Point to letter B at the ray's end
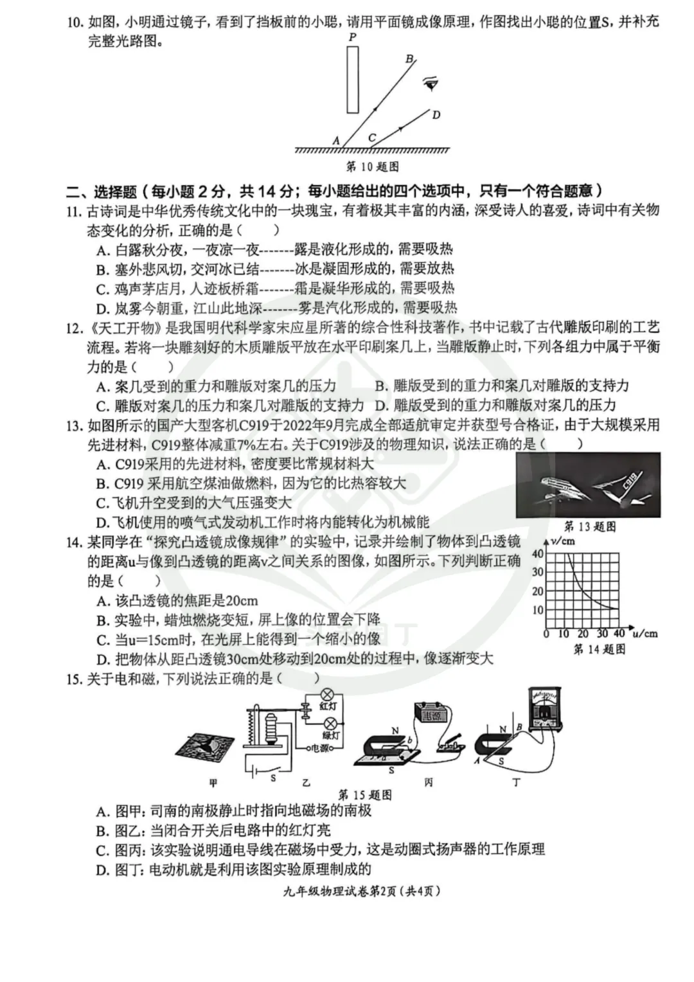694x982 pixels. pos(409,58)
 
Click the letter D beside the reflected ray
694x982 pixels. pos(436,115)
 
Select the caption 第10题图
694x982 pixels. pos(372,166)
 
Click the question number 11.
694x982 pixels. pos(73,211)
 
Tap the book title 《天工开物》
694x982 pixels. pos(122,328)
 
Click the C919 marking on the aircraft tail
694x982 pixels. pos(628,482)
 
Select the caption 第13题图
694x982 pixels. pos(590,526)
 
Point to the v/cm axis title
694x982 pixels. pos(564,540)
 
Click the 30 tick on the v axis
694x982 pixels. pos(538,572)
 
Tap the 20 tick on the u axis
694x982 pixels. pos(583,634)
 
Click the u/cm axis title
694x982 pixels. pos(645,634)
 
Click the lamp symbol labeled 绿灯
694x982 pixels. pos(329,723)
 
